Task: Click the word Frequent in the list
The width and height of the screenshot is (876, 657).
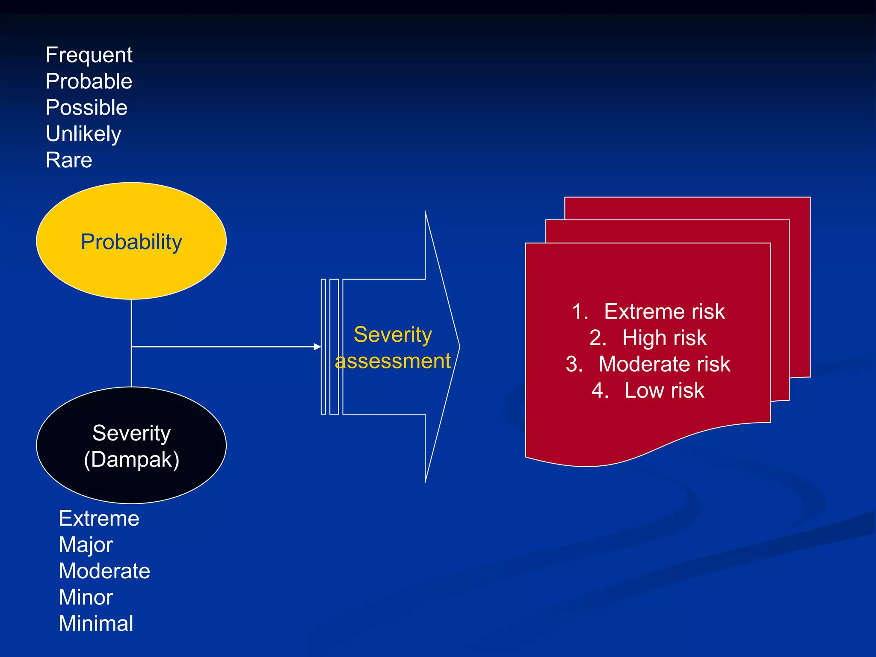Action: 89,55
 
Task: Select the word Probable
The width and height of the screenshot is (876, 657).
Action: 89,81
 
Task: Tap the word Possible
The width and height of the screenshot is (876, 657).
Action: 86,107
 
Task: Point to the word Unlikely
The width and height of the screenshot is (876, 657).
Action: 83,134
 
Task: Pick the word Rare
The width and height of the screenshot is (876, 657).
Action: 69,160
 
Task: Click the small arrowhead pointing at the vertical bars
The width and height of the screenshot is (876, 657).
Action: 317,346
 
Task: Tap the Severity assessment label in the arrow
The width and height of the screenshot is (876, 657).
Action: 393,347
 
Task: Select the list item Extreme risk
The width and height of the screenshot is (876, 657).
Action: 664,311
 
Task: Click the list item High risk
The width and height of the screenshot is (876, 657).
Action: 664,338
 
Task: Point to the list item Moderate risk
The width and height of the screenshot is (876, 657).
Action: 664,364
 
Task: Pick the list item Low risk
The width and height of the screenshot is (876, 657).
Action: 664,391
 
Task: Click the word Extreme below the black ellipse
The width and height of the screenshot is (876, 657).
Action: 99,518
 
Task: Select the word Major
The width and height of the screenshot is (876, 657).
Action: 86,545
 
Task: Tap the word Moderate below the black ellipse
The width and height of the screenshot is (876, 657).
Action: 104,571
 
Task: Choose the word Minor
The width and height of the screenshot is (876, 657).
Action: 86,598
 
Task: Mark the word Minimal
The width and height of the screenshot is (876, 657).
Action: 96,624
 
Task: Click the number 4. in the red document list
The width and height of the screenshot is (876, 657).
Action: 600,391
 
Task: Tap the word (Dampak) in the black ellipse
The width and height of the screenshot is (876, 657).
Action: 131,460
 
